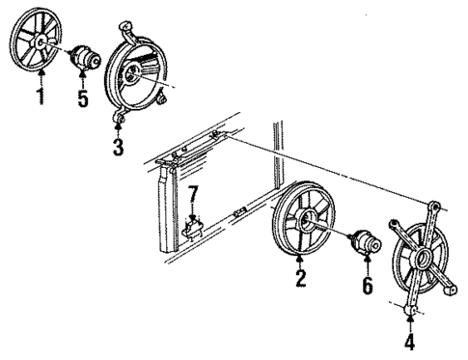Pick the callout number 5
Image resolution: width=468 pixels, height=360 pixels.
point(83,97)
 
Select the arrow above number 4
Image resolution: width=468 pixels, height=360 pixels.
point(411,321)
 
